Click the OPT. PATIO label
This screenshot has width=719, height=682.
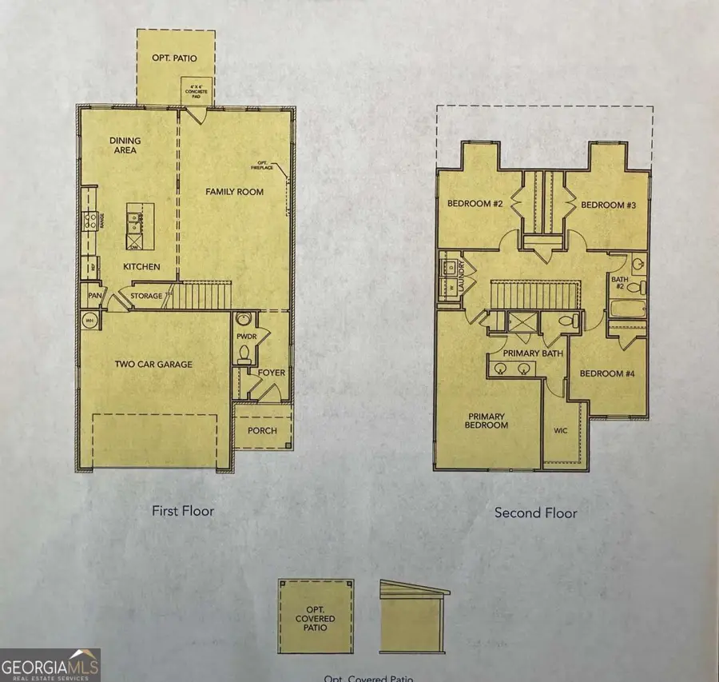(174, 58)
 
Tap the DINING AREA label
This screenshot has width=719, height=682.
(125, 146)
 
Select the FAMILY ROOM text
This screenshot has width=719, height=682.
(234, 192)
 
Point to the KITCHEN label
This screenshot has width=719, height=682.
(141, 267)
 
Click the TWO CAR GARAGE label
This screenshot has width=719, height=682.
(153, 365)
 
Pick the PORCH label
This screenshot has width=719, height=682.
(262, 431)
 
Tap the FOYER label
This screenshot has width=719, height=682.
(272, 373)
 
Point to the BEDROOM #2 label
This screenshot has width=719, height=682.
(475, 205)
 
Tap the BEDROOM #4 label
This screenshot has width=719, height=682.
(606, 374)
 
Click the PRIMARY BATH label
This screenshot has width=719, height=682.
(532, 353)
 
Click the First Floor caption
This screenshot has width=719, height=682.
(183, 510)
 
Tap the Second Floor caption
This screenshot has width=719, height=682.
(535, 512)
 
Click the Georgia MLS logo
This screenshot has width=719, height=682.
(50, 664)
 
